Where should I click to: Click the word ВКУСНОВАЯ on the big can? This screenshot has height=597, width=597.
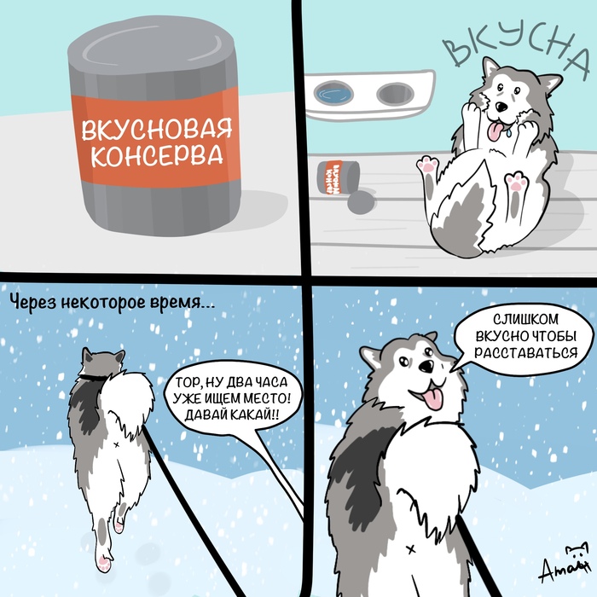156,131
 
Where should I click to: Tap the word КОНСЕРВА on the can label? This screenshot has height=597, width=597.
156,157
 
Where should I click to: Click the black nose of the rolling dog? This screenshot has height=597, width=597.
501,107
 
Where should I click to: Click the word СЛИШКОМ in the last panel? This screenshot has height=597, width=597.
524,317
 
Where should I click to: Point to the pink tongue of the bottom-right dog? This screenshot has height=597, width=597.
433,398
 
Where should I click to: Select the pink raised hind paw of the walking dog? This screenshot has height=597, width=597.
103,560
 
